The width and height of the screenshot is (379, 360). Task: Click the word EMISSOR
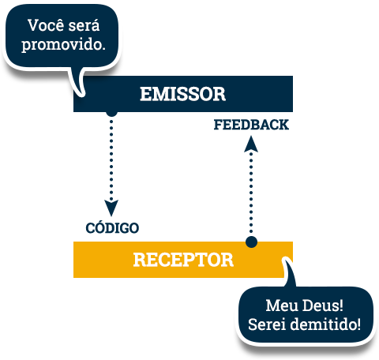[182, 94]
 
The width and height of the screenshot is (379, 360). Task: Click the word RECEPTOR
[183, 260]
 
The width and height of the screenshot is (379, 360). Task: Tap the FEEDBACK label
[251, 125]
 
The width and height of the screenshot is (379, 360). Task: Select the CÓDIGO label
[112, 227]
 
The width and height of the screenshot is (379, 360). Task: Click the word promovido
[63, 44]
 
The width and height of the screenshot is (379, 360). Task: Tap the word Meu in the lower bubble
[281, 306]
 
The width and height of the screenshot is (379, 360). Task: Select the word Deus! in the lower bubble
[323, 306]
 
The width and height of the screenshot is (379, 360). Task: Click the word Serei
[267, 324]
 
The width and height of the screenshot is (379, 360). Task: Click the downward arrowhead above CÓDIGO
[111, 208]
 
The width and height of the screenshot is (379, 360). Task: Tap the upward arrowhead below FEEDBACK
[251, 144]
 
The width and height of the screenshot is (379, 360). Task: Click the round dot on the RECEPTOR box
[251, 242]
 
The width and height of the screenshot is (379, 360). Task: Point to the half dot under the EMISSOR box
[111, 114]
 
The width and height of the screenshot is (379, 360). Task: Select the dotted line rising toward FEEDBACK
[251, 192]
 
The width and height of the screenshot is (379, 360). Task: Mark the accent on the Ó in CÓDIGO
[101, 222]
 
